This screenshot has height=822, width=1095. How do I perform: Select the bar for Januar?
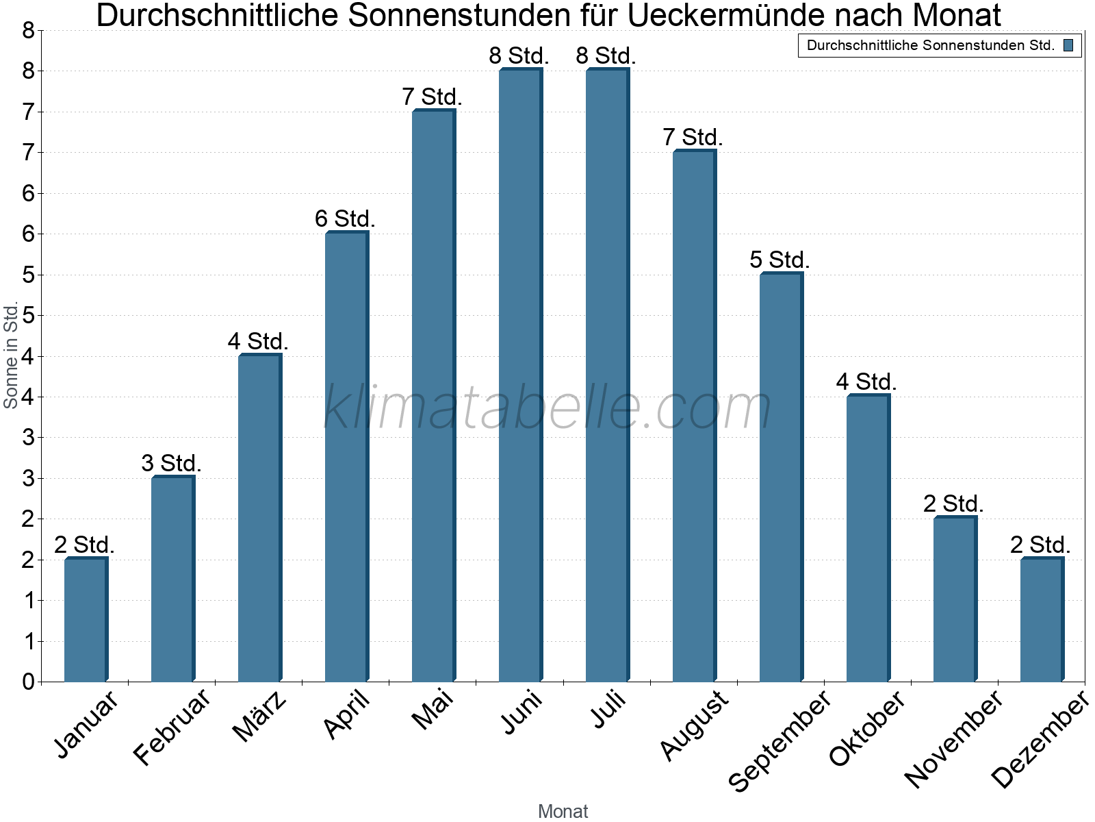(x=86, y=620)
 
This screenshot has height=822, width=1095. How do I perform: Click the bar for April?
(x=346, y=457)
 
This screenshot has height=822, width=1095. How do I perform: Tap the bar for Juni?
(x=520, y=375)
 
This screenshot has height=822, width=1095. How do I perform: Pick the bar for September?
(x=781, y=477)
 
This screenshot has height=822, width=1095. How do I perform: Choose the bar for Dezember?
(x=1042, y=620)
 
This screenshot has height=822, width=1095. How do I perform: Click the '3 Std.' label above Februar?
(x=171, y=464)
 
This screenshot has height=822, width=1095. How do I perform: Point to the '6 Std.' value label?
(x=345, y=219)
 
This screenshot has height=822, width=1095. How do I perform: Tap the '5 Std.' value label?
(x=780, y=260)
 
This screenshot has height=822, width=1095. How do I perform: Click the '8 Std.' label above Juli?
(x=606, y=56)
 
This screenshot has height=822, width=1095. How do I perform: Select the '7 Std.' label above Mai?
(x=432, y=97)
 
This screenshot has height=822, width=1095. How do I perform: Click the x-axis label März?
(x=259, y=717)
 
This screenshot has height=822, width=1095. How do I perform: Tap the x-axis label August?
(x=694, y=725)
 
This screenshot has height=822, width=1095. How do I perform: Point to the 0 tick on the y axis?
(x=28, y=682)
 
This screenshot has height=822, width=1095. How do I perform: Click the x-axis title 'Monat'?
(x=563, y=811)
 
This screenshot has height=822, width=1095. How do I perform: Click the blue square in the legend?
(x=1068, y=46)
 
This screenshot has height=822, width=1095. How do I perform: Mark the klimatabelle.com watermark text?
(x=547, y=408)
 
